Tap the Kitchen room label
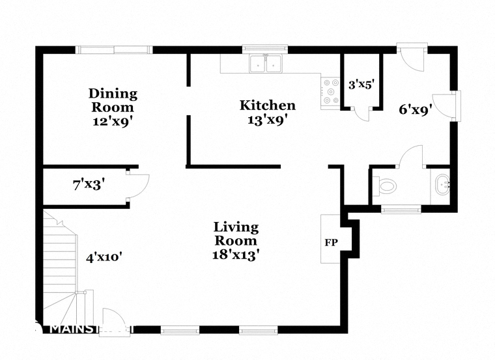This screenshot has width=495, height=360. [268, 105]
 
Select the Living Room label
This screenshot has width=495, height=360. [236, 234]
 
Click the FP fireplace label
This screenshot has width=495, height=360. [330, 242]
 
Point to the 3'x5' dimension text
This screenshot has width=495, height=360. [361, 84]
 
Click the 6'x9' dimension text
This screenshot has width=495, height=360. [416, 110]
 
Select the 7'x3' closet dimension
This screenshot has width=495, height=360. [89, 184]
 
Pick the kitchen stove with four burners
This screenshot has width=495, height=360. [330, 91]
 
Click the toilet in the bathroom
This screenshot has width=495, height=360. [386, 186]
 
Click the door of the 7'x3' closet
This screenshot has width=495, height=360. [139, 185]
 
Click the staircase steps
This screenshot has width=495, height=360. [61, 254]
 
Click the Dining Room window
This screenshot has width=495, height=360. [114, 49]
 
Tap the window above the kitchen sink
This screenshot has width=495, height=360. [265, 48]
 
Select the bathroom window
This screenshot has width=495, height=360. [401, 209]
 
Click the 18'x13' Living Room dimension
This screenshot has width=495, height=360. [236, 255]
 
